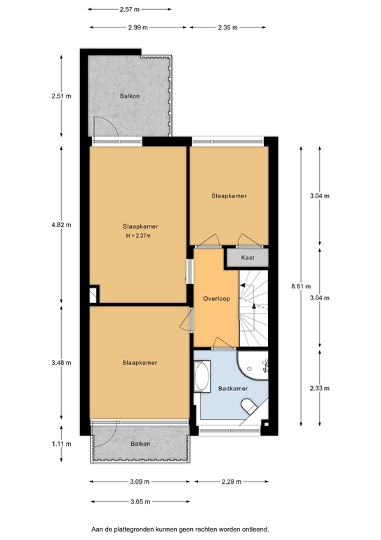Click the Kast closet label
[247, 258]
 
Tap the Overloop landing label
[217, 298]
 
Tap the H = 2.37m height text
[139, 236]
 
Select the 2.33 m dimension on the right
[319, 387]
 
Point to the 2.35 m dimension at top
[226, 28]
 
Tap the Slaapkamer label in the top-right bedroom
[229, 196]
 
